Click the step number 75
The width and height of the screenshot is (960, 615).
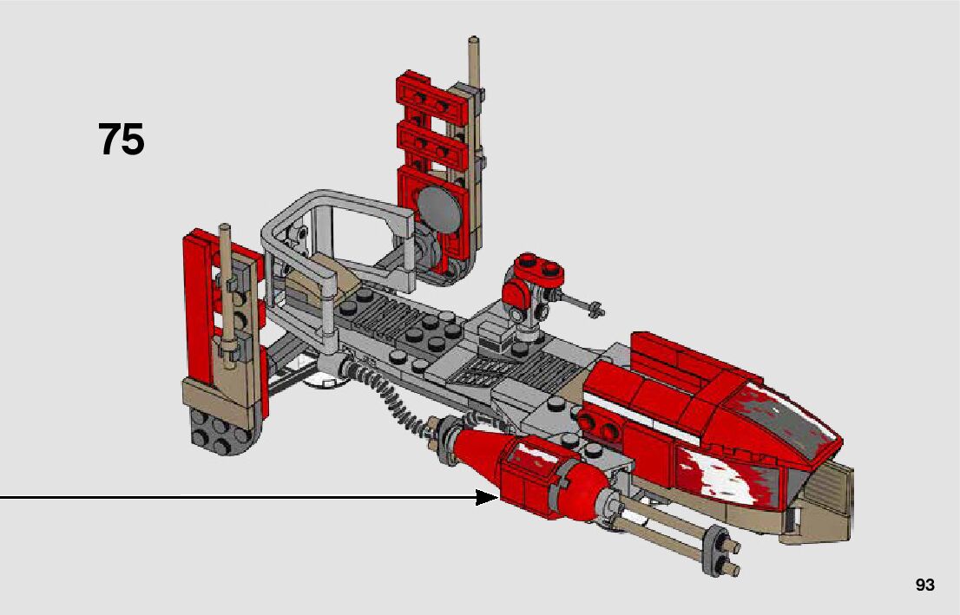click(122, 140)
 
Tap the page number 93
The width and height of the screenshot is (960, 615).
click(925, 585)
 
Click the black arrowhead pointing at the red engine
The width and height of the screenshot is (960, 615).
click(488, 497)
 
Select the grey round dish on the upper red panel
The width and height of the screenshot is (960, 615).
click(439, 209)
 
